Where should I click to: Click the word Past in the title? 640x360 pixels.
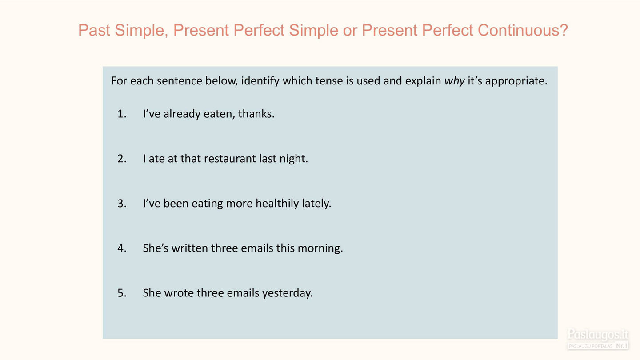point(94,30)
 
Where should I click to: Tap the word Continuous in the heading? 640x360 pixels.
point(523,30)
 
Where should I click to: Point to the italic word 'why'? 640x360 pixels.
point(455,81)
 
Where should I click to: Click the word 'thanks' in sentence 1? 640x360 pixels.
point(256,114)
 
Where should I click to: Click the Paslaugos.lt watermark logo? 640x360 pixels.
point(598,335)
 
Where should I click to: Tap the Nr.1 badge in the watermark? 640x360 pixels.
point(621,346)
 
